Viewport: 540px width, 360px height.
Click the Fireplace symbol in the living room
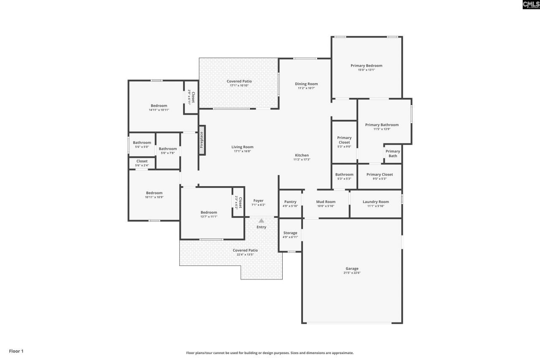pos(202,140)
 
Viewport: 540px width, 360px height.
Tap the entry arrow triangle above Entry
pos(261,220)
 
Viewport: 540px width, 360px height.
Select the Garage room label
pos(352,268)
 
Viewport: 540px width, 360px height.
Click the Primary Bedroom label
pos(366,65)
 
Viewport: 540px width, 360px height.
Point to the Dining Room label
pos(306,84)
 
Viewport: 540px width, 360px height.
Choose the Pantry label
pos(290,202)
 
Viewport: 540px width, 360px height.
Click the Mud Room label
pos(326,202)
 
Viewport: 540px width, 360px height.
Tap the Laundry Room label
pos(375,202)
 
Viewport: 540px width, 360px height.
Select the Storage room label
pos(290,233)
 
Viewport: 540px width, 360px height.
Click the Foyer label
pos(258,201)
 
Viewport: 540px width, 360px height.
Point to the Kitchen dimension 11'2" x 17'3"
pos(302,160)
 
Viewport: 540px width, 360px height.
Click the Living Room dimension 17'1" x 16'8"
pos(242,151)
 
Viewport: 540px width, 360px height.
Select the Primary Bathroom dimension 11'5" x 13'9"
pos(382,129)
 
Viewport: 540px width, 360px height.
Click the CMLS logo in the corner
pos(531,5)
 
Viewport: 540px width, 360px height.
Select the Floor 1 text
pos(16,351)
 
